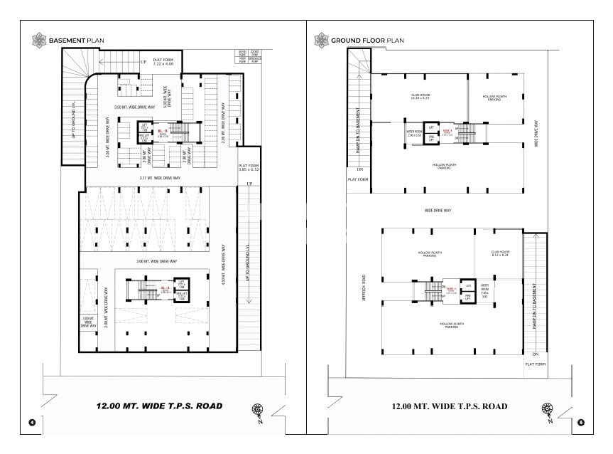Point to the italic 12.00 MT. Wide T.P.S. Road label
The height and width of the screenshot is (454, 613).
[159, 406]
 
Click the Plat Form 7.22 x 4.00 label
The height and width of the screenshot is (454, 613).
[158, 63]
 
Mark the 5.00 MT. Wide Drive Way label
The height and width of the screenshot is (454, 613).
[166, 98]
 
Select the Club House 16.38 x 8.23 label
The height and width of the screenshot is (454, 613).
[421, 97]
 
